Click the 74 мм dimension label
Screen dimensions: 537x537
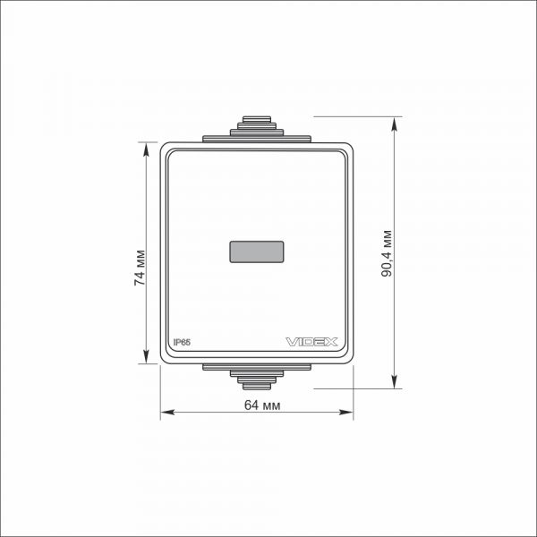click(141, 268)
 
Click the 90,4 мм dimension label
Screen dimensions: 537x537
click(387, 253)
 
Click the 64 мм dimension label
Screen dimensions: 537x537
click(262, 405)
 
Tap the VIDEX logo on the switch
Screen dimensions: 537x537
click(311, 342)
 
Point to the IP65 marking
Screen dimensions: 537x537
click(182, 342)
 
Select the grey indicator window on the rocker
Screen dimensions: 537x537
click(257, 251)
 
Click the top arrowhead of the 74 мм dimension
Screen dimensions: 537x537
click(146, 149)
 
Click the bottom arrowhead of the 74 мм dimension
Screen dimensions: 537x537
click(146, 356)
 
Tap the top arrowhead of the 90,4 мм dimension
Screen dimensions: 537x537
click(395, 124)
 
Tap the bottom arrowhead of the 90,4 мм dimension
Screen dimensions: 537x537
click(395, 382)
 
